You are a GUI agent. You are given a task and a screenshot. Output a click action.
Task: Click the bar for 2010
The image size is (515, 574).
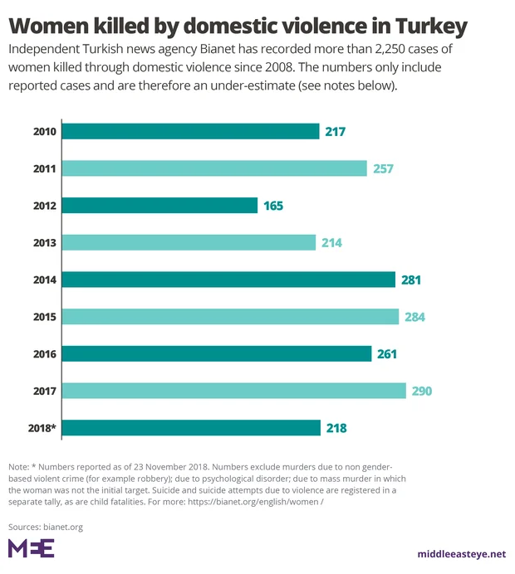click(191, 131)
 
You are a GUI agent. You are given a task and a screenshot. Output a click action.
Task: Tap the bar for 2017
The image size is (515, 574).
click(234, 391)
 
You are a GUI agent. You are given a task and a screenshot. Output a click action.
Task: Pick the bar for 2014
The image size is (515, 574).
click(228, 280)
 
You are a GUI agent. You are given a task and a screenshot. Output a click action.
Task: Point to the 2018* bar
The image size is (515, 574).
click(191, 428)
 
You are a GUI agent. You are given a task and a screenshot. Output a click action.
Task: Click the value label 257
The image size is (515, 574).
click(382, 168)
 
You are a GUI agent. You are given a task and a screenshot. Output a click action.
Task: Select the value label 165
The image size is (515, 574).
click(273, 205)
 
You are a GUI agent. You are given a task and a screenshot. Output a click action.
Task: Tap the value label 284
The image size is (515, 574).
click(414, 317)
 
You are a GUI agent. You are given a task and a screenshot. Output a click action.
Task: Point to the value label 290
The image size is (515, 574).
click(422, 391)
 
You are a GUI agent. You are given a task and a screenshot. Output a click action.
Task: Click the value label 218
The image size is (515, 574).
click(336, 428)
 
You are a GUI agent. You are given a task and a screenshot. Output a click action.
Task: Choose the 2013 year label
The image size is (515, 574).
click(44, 243)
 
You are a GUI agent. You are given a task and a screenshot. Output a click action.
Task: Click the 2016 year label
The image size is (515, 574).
click(44, 354)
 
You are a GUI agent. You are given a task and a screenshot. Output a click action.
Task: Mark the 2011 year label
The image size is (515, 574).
click(44, 168)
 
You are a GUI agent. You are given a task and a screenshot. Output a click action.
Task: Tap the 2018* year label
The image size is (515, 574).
click(41, 428)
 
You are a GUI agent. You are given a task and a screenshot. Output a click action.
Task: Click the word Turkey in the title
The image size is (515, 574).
click(423, 26)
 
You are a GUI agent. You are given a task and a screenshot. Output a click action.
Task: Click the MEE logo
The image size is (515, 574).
click(31, 548)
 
